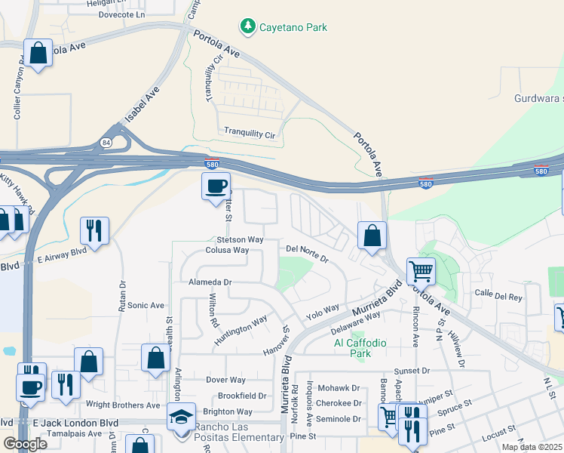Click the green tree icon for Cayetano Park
click(247, 27)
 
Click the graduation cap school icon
click(181, 417)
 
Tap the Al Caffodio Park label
click(360, 348)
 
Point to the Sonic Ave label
click(146, 306)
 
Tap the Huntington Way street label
click(241, 330)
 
